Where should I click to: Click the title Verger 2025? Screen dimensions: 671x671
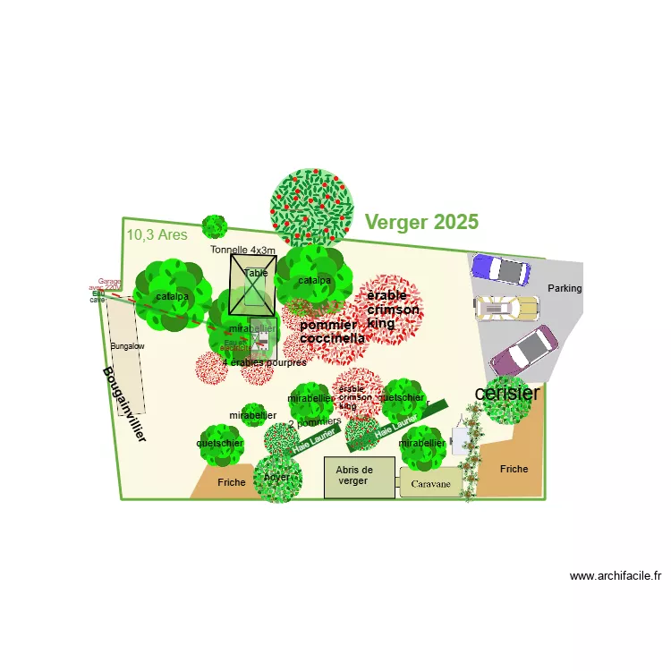(x=421, y=222)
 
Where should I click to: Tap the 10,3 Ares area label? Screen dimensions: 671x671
(x=157, y=235)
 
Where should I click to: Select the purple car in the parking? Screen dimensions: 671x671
(x=500, y=269)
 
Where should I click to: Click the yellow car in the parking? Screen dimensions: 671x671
(x=507, y=308)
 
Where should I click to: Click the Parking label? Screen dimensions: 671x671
(x=565, y=289)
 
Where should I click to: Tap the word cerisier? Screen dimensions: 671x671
(x=507, y=393)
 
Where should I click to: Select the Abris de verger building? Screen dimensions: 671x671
(x=359, y=477)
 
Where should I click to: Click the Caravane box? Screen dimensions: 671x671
(x=430, y=484)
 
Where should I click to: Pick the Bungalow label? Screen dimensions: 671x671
(x=127, y=345)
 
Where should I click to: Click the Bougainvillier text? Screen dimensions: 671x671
(x=124, y=404)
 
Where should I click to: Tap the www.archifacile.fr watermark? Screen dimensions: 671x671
(x=615, y=576)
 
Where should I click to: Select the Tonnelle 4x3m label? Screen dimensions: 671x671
(x=242, y=250)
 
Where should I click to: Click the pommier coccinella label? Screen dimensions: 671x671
(x=332, y=332)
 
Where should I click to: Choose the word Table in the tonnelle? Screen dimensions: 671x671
(x=256, y=273)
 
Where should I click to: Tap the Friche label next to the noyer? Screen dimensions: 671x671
(x=231, y=482)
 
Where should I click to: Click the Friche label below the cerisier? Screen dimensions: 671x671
(x=514, y=469)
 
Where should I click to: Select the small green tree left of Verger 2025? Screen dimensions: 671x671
(x=215, y=226)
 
